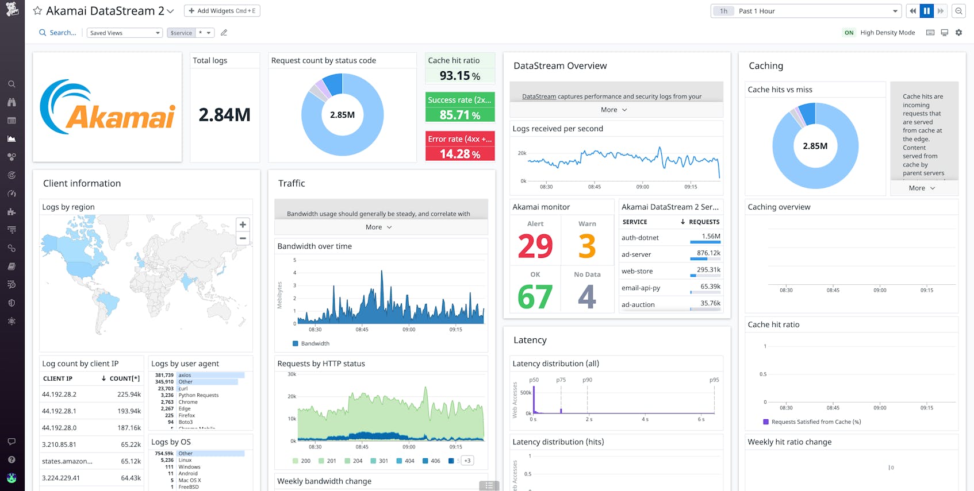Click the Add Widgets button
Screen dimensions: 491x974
pyautogui.click(x=222, y=11)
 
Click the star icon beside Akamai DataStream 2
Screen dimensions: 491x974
pyautogui.click(x=37, y=11)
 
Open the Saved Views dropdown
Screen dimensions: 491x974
pyautogui.click(x=124, y=33)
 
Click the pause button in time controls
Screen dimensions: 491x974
pyautogui.click(x=926, y=11)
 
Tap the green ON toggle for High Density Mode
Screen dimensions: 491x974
pyautogui.click(x=849, y=33)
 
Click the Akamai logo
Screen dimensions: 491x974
pyautogui.click(x=108, y=108)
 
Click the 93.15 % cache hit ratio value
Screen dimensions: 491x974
pyautogui.click(x=459, y=76)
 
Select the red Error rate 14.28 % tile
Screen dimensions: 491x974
pyautogui.click(x=459, y=147)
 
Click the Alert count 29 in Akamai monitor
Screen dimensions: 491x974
pyautogui.click(x=535, y=246)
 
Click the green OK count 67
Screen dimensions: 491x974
pyautogui.click(x=535, y=297)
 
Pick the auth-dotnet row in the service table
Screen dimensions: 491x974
pyautogui.click(x=640, y=238)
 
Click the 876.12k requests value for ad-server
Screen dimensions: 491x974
pyautogui.click(x=708, y=253)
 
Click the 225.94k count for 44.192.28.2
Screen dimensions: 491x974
pyautogui.click(x=129, y=395)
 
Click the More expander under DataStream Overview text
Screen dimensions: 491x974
pyautogui.click(x=613, y=110)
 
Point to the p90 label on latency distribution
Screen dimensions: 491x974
pyautogui.click(x=587, y=380)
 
